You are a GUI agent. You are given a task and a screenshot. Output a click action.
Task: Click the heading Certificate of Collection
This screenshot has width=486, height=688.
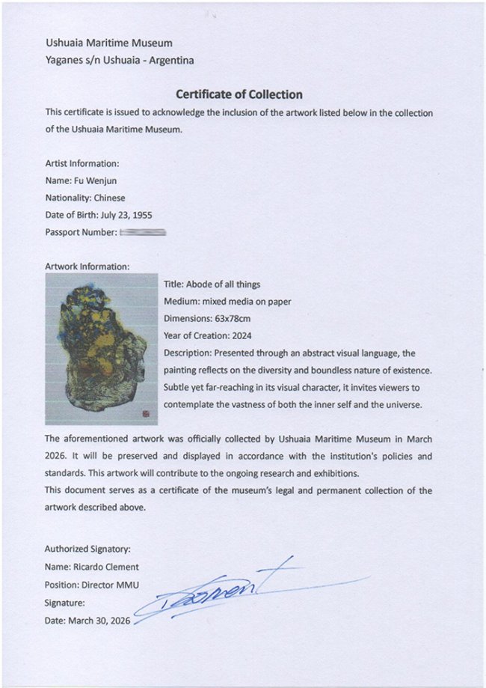pyautogui.click(x=239, y=94)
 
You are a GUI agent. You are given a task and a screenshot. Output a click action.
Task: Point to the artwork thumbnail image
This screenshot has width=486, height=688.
pyautogui.click(x=101, y=348)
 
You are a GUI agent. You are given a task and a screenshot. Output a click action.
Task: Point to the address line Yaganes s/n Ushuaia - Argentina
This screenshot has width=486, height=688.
pyautogui.click(x=119, y=61)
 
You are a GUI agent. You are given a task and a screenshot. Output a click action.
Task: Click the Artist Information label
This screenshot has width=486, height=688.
pyautogui.click(x=81, y=163)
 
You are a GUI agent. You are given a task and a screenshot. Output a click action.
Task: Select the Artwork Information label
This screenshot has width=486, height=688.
pyautogui.click(x=87, y=266)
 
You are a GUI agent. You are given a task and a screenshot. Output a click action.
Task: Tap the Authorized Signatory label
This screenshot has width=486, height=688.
pyautogui.click(x=87, y=549)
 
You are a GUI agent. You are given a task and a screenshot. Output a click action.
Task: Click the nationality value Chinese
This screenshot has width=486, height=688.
pyautogui.click(x=109, y=198)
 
